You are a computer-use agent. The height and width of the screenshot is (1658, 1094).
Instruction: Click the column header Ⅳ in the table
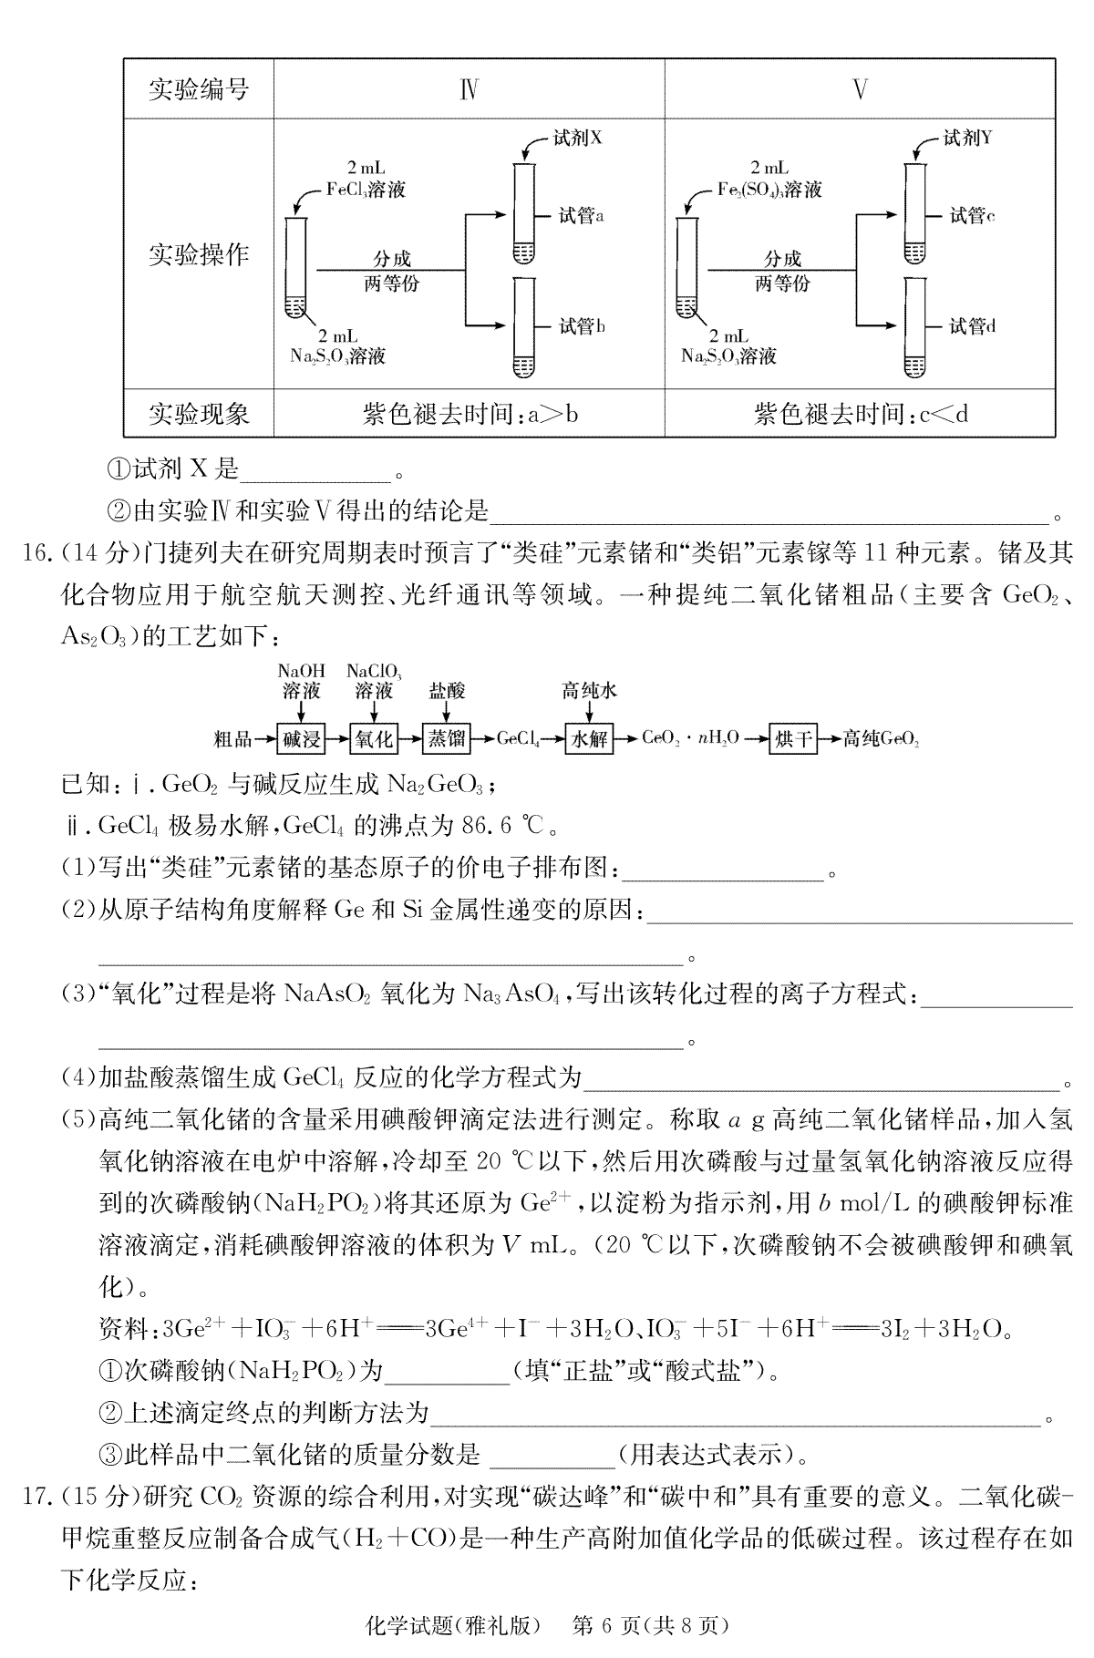tap(469, 89)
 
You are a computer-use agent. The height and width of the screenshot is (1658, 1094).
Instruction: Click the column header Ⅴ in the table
tap(860, 89)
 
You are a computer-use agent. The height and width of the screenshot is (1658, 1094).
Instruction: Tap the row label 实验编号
tap(199, 89)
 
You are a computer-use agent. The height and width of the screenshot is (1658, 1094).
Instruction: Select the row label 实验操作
tap(199, 254)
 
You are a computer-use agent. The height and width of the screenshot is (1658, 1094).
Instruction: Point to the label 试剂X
tap(578, 138)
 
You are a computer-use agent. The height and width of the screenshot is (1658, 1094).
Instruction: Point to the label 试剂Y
tap(968, 138)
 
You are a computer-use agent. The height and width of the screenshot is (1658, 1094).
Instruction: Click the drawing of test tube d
tap(913, 326)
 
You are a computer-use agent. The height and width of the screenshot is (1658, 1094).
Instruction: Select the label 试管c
tap(972, 216)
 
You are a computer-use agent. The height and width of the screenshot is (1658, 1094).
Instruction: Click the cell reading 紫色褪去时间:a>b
tap(469, 415)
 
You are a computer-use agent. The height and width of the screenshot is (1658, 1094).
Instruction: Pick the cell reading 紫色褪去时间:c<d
tap(860, 415)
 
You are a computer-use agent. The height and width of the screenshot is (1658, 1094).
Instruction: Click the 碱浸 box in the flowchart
tap(301, 738)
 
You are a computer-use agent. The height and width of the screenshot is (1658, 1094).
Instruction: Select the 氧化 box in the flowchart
tap(374, 738)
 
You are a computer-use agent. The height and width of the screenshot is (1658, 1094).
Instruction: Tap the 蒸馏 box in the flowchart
tap(447, 738)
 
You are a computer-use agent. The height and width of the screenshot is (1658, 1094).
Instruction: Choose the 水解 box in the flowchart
tap(589, 738)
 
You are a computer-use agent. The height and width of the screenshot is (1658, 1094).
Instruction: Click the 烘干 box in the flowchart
tap(792, 738)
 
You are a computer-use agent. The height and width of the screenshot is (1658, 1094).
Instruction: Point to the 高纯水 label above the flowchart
tap(589, 690)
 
